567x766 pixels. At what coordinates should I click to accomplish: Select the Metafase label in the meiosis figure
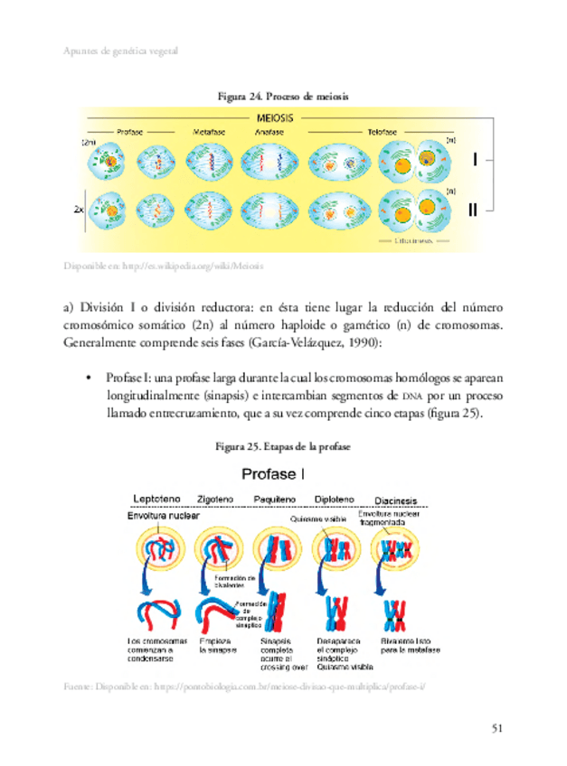coord(209,132)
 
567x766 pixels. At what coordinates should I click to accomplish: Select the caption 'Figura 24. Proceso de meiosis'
coord(282,95)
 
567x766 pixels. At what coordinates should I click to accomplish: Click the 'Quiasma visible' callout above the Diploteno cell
coord(318,519)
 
